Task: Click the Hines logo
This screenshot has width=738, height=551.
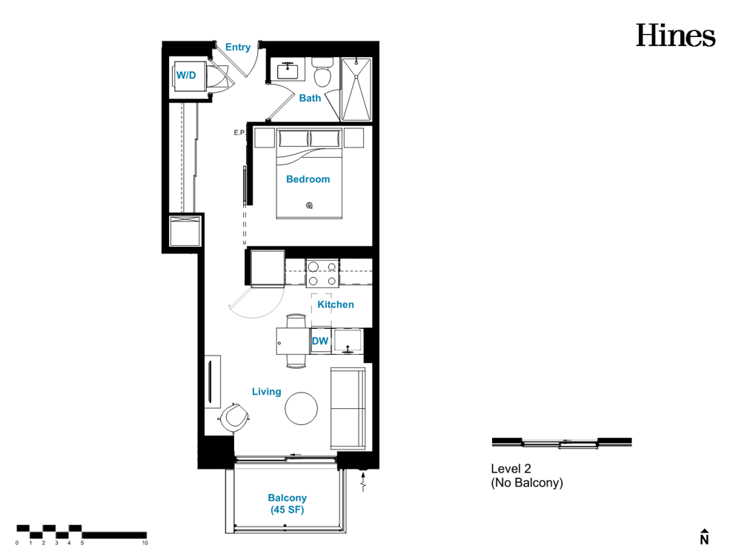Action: click(x=676, y=36)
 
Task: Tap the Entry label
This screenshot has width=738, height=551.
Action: click(x=238, y=47)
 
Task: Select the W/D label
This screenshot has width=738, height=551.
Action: click(x=186, y=76)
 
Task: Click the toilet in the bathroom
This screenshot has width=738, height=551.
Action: click(x=323, y=73)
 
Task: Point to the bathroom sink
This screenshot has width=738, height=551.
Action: click(x=287, y=70)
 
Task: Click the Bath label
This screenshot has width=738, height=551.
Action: click(x=310, y=98)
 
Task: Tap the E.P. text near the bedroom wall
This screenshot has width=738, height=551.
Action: click(x=239, y=133)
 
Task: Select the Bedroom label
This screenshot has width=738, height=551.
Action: click(x=307, y=179)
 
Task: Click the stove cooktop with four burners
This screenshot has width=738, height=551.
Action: click(x=322, y=273)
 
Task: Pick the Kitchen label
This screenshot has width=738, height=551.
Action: click(x=336, y=304)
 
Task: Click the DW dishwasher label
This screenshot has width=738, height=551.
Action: click(x=320, y=341)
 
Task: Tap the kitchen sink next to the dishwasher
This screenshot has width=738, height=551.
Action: click(x=348, y=341)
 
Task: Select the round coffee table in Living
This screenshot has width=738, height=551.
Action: click(x=302, y=408)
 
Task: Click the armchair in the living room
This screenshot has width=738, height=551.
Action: click(x=234, y=417)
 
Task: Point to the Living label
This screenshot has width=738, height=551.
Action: click(x=267, y=392)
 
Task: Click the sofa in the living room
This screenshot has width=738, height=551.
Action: click(x=348, y=408)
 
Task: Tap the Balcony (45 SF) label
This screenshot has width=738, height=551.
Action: click(x=287, y=504)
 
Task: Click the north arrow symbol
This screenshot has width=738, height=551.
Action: click(x=704, y=537)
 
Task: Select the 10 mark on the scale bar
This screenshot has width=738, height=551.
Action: click(x=145, y=543)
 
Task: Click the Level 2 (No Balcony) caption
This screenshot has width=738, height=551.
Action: click(x=527, y=475)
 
